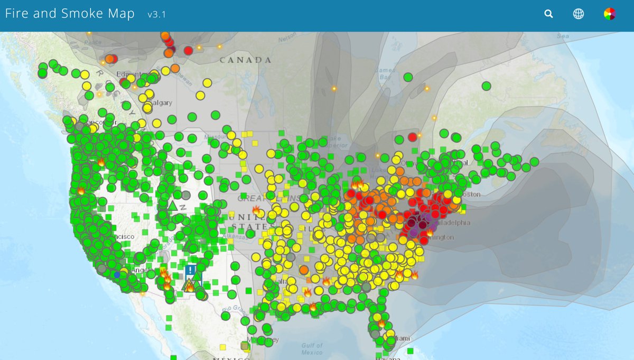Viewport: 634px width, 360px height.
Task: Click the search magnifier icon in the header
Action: pyautogui.click(x=548, y=14)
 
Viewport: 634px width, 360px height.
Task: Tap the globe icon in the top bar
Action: pyautogui.click(x=579, y=14)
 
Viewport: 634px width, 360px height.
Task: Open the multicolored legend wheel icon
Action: pyautogui.click(x=610, y=14)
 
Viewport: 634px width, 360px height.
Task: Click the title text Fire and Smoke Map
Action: pyautogui.click(x=70, y=14)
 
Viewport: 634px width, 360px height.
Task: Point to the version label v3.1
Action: pyautogui.click(x=156, y=15)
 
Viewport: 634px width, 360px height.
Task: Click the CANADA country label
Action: pyautogui.click(x=246, y=60)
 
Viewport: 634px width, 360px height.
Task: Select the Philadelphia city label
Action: pyautogui.click(x=452, y=223)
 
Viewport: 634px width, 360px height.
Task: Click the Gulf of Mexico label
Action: pyautogui.click(x=312, y=348)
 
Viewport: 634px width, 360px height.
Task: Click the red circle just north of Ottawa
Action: pyautogui.click(x=413, y=137)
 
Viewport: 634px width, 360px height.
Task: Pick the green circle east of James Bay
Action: pyautogui.click(x=408, y=77)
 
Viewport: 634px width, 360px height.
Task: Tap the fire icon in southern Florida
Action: pyautogui.click(x=381, y=322)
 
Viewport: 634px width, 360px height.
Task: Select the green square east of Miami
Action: pyautogui.click(x=411, y=350)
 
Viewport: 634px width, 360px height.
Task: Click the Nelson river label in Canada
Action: pyautogui.click(x=287, y=38)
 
